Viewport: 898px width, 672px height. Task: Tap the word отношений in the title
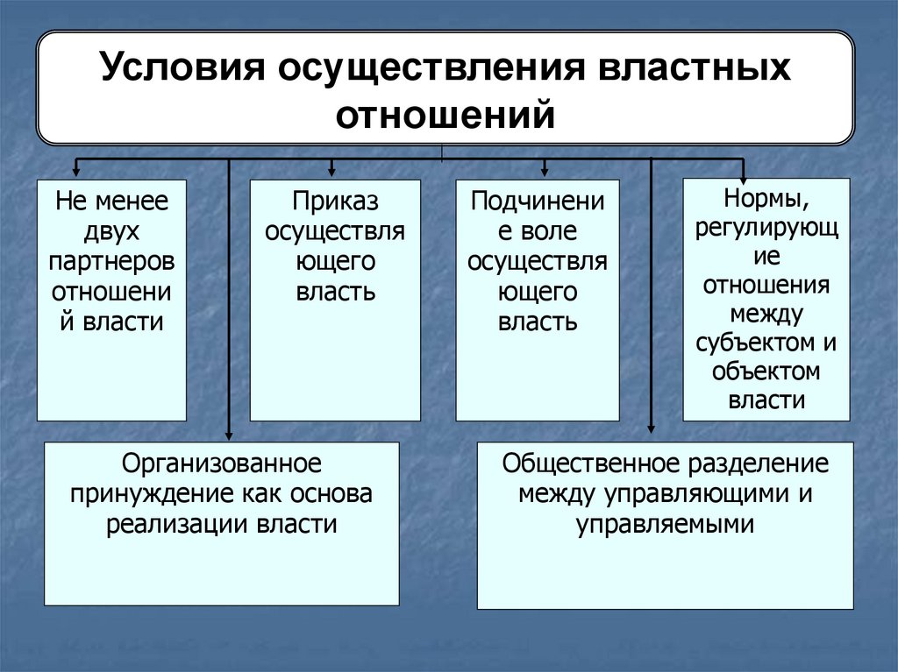(x=446, y=114)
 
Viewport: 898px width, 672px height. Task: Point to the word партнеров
(x=112, y=261)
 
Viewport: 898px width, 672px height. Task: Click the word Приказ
(x=335, y=202)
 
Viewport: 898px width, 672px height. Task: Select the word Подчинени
(x=537, y=202)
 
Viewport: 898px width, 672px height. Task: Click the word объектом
(x=766, y=371)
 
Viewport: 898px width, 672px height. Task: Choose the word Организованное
(x=222, y=462)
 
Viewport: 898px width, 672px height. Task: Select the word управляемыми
(x=666, y=524)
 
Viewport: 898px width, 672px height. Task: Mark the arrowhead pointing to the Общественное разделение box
(x=651, y=428)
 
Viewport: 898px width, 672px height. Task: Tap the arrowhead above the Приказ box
(x=331, y=173)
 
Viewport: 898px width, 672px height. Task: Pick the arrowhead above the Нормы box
(x=744, y=173)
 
